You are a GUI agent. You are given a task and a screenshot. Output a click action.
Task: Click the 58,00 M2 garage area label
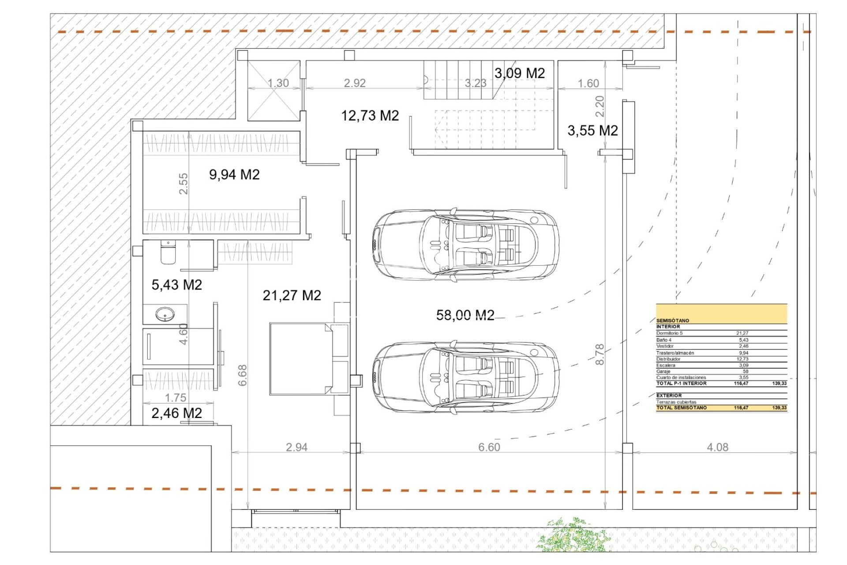pyautogui.click(x=465, y=315)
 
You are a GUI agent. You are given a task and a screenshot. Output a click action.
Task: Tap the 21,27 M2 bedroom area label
pyautogui.click(x=292, y=295)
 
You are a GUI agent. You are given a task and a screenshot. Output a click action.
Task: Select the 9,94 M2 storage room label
pyautogui.click(x=234, y=174)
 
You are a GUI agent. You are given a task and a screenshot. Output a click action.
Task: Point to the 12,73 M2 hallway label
pyautogui.click(x=370, y=116)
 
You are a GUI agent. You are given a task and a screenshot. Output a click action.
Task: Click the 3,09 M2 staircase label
pyautogui.click(x=519, y=73)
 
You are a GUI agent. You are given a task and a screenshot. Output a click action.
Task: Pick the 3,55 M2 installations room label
pyautogui.click(x=592, y=131)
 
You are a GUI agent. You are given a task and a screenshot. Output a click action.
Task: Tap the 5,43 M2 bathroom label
pyautogui.click(x=176, y=285)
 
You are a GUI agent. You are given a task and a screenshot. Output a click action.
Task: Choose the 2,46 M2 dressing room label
pyautogui.click(x=176, y=413)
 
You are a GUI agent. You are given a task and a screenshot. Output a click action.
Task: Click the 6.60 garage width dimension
pyautogui.click(x=489, y=447)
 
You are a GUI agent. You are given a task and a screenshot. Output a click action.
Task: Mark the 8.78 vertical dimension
pyautogui.click(x=600, y=354)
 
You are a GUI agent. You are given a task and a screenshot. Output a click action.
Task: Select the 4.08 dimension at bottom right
pyautogui.click(x=717, y=447)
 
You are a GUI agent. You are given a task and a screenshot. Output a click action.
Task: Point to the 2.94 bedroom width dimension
pyautogui.click(x=296, y=447)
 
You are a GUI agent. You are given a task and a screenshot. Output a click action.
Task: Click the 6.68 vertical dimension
pyautogui.click(x=243, y=375)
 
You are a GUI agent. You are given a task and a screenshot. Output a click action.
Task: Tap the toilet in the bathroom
pyautogui.click(x=168, y=252)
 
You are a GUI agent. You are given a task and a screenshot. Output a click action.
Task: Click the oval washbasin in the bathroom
pyautogui.click(x=165, y=314)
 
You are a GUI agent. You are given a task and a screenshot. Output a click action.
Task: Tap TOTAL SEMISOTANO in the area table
pyautogui.click(x=681, y=408)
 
